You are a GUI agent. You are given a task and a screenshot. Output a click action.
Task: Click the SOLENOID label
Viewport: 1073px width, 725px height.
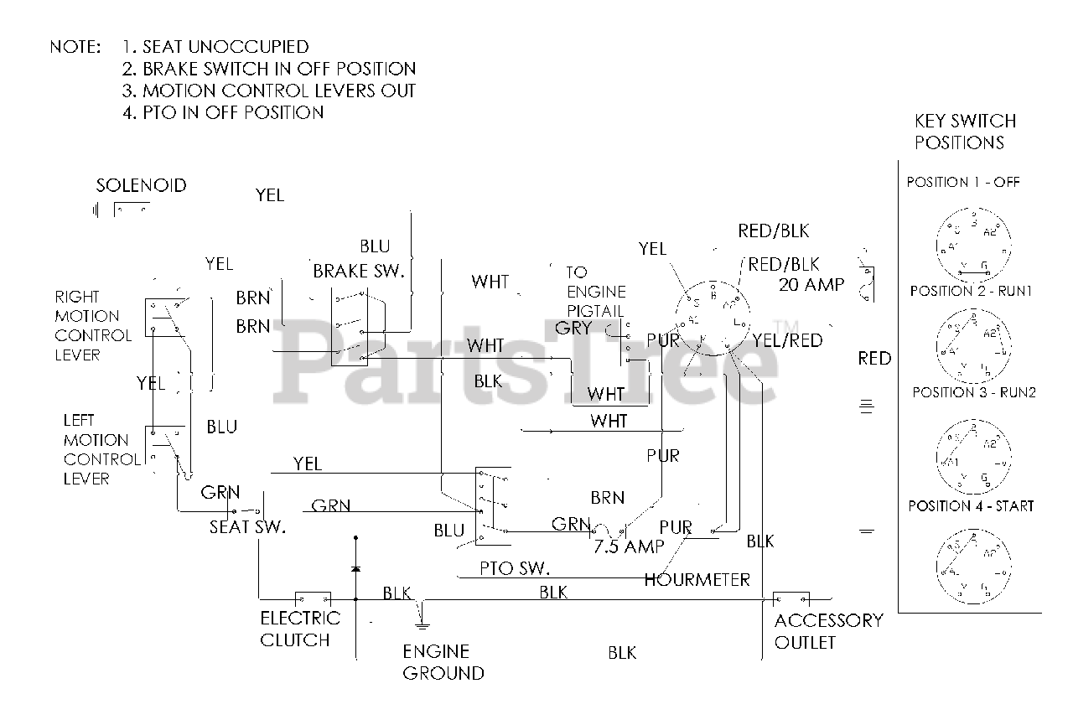point(141,185)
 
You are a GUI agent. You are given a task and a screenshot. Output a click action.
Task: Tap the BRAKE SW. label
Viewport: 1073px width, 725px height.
point(359,271)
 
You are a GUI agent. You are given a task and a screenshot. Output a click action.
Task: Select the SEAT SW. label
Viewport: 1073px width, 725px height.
point(247,527)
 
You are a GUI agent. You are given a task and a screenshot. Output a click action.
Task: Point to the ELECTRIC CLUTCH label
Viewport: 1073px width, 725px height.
point(300,629)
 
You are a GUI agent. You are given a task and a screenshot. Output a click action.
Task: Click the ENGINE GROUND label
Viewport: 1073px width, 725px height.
point(443,662)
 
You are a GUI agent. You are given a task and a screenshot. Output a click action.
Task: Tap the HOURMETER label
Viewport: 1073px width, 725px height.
point(697,579)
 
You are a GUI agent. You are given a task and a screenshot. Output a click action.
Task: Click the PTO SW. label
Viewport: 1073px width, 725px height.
point(515,569)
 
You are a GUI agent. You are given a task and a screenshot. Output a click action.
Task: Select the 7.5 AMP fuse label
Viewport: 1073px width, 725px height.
point(629,547)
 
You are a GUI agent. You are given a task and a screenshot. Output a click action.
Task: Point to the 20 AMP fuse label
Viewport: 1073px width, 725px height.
point(811,284)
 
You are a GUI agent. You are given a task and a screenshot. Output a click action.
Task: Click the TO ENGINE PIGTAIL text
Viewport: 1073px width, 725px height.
point(596,292)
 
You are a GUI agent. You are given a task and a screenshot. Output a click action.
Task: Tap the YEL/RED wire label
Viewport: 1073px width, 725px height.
point(787,340)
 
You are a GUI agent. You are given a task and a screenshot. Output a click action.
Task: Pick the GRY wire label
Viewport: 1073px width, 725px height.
point(573,328)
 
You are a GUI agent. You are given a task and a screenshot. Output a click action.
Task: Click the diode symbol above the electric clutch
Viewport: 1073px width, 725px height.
point(355,569)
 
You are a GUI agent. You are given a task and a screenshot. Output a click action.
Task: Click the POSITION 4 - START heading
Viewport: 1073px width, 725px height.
point(971,505)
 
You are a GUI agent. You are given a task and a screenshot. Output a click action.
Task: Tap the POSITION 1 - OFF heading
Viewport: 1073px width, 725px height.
point(963,182)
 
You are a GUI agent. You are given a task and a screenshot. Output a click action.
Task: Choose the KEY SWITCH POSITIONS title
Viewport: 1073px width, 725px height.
point(965,132)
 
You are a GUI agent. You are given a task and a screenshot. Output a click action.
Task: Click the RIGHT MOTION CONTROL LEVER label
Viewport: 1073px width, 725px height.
point(93,325)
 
